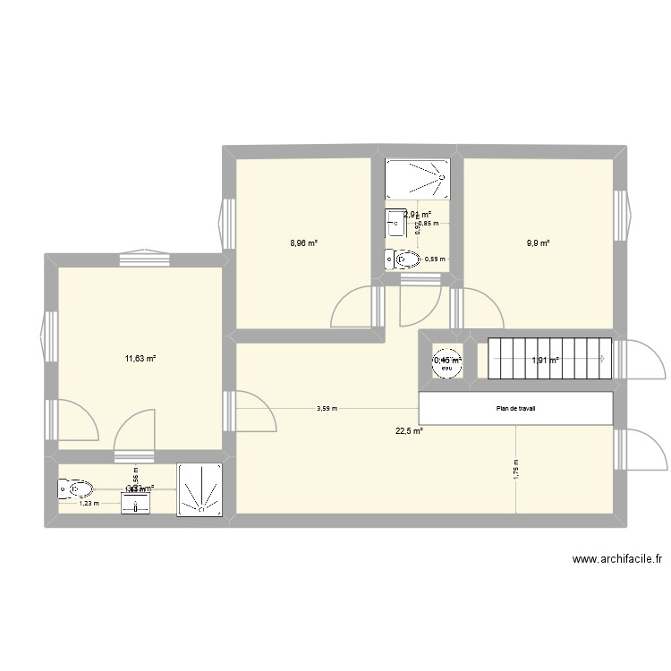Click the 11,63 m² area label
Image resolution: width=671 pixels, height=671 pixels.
click(140, 359)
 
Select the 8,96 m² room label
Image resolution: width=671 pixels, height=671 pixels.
click(304, 242)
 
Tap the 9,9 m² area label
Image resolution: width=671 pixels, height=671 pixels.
click(538, 242)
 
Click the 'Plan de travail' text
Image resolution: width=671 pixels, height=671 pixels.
click(516, 410)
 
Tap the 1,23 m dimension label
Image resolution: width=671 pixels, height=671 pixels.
click(89, 503)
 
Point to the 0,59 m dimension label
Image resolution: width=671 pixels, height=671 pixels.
click(434, 259)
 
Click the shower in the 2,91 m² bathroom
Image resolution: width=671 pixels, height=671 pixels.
click(417, 179)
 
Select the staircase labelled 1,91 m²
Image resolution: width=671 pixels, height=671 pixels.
click(544, 360)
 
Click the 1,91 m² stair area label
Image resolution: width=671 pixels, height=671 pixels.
click(545, 361)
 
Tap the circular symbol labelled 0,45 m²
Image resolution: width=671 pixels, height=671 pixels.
click(446, 360)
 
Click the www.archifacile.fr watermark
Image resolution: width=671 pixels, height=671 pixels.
click(616, 559)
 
